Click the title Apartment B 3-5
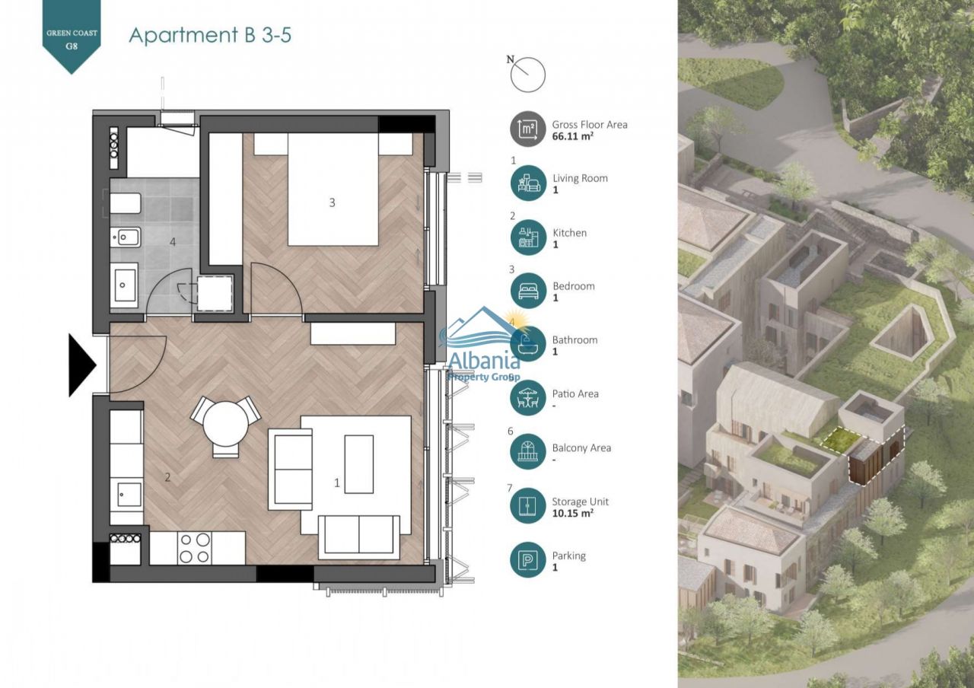pyautogui.click(x=210, y=35)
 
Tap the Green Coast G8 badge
pyautogui.click(x=72, y=37)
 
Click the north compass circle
pyautogui.click(x=528, y=75)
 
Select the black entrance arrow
pyautogui.click(x=82, y=365)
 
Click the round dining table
pyautogui.click(x=226, y=423)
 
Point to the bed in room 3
pyautogui.click(x=333, y=190)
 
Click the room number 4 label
pyautogui.click(x=173, y=242)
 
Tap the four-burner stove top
pyautogui.click(x=194, y=548)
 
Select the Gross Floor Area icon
pyautogui.click(x=528, y=129)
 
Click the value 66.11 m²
pyautogui.click(x=573, y=136)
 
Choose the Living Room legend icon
pyautogui.click(x=528, y=183)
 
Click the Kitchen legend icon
pyautogui.click(x=528, y=237)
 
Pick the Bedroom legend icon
pyautogui.click(x=528, y=291)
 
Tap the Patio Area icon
pyautogui.click(x=528, y=397)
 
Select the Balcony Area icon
pyautogui.click(x=528, y=451)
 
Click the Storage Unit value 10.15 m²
pyautogui.click(x=573, y=513)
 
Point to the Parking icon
pyautogui.click(x=528, y=559)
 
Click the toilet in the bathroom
pyautogui.click(x=126, y=203)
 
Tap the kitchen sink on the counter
pyautogui.click(x=126, y=495)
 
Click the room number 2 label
pyautogui.click(x=168, y=477)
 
